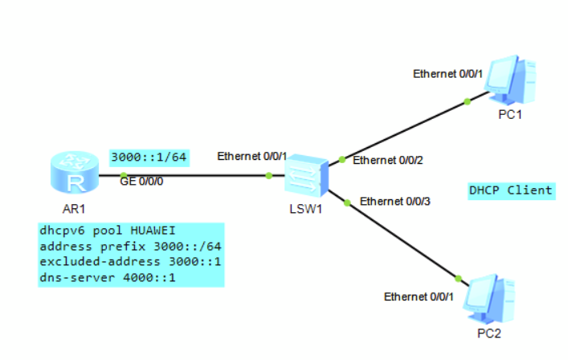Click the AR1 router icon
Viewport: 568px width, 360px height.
click(x=75, y=173)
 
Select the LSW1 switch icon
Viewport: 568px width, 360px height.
click(x=306, y=177)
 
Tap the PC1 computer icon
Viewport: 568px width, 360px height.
click(x=510, y=80)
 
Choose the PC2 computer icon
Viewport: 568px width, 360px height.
click(x=489, y=300)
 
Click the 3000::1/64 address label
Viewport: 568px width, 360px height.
click(x=149, y=157)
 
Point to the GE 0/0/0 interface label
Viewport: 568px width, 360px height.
click(x=141, y=182)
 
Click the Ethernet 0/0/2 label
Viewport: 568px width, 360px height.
click(x=388, y=161)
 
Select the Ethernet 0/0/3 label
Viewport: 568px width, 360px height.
click(x=395, y=202)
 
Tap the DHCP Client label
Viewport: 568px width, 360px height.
click(x=511, y=190)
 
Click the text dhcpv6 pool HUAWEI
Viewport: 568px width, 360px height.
click(x=108, y=231)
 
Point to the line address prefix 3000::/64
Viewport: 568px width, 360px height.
click(x=130, y=247)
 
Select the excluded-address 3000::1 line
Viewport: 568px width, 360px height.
click(x=130, y=262)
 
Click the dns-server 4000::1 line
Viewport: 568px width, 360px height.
click(x=108, y=278)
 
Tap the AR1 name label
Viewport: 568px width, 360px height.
click(x=74, y=209)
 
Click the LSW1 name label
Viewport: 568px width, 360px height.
click(x=306, y=210)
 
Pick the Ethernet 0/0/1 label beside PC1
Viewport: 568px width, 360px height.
click(x=448, y=74)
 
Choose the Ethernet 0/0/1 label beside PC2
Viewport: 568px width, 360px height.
click(x=419, y=297)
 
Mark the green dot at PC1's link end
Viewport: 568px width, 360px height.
click(x=468, y=102)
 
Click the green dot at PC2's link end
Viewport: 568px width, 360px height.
click(x=458, y=279)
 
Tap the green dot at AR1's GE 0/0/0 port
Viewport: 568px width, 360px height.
click(x=124, y=176)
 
